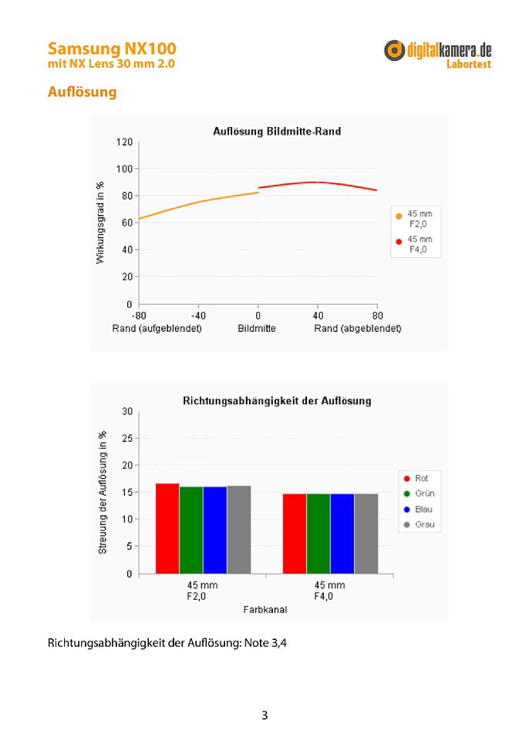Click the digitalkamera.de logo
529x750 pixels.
437,55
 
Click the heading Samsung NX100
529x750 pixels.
112,49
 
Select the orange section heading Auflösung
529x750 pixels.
82,92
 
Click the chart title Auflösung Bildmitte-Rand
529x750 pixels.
277,131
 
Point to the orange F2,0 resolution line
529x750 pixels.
198,203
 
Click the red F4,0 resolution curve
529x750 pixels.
317,182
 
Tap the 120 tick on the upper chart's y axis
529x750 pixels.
124,142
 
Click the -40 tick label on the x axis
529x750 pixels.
198,316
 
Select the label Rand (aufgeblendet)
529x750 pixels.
157,329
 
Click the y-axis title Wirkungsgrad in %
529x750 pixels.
100,223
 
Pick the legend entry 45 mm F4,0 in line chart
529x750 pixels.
414,244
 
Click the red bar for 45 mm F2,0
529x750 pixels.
167,528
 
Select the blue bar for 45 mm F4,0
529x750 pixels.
342,534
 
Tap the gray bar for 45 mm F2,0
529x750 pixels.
239,530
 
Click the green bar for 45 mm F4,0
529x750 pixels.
318,534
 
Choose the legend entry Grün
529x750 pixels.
419,494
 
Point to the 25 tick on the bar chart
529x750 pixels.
127,438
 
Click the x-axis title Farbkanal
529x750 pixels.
265,610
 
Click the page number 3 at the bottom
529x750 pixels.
264,715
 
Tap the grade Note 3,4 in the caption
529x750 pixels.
265,643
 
